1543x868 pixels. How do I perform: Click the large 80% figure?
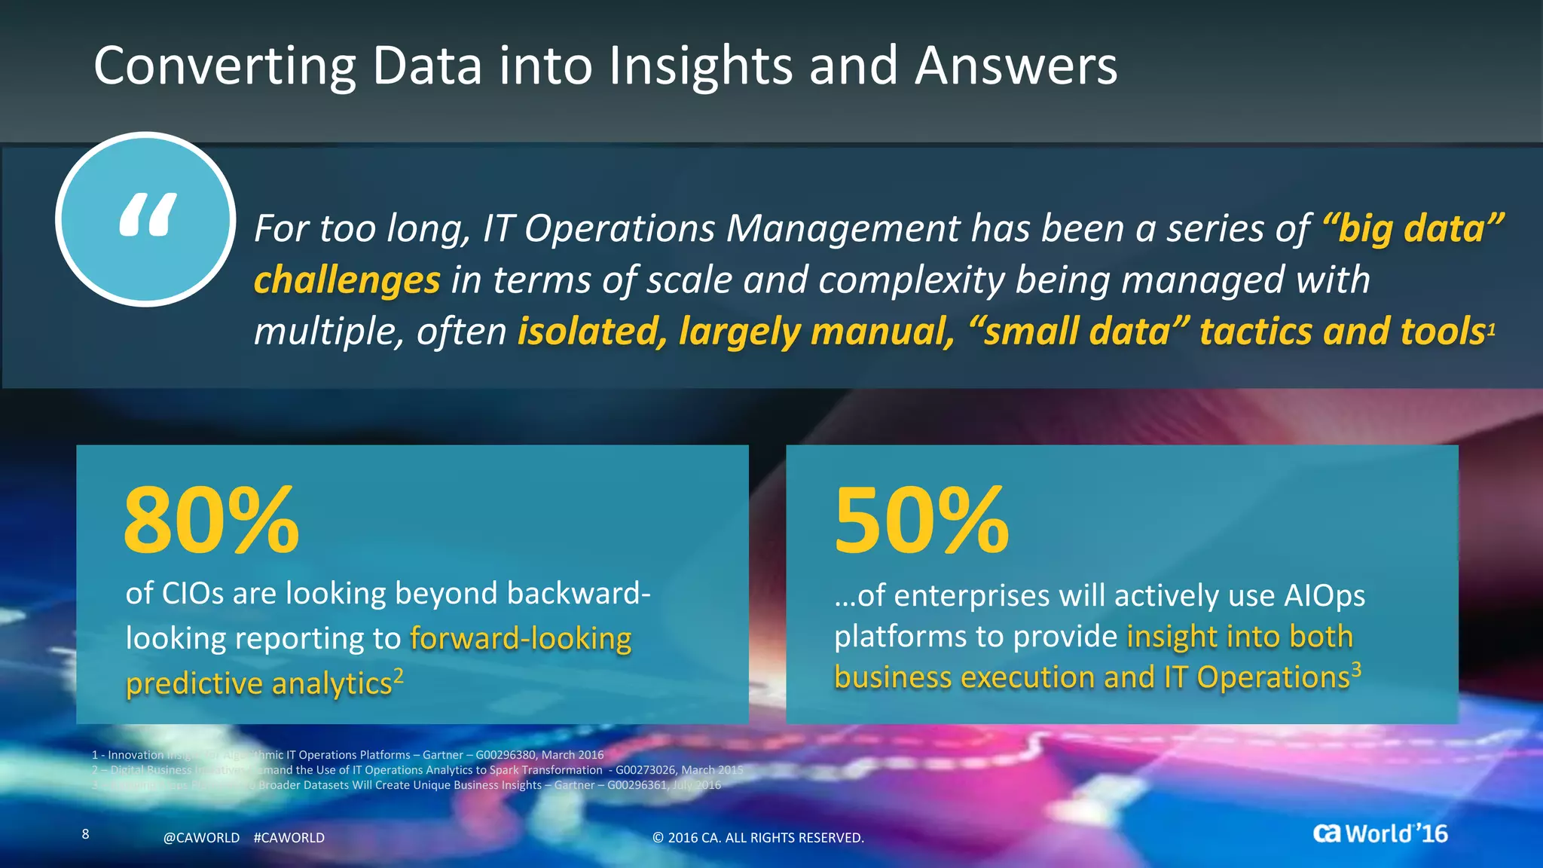tap(211, 521)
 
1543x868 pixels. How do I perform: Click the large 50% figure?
tap(921, 521)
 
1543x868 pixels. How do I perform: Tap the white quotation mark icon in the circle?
tap(148, 215)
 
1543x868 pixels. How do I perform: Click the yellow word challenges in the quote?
tap(347, 280)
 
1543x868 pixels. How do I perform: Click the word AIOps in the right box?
tap(1324, 596)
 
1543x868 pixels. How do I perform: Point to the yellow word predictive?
tap(194, 684)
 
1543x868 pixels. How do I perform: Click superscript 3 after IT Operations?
tap(1356, 668)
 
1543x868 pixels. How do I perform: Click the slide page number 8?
tap(85, 833)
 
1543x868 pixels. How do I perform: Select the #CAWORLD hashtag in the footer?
tap(289, 838)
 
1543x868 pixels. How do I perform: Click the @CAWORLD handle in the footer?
tap(201, 838)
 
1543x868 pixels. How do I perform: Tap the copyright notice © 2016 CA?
tap(757, 838)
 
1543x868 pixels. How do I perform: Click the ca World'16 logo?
tap(1380, 833)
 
